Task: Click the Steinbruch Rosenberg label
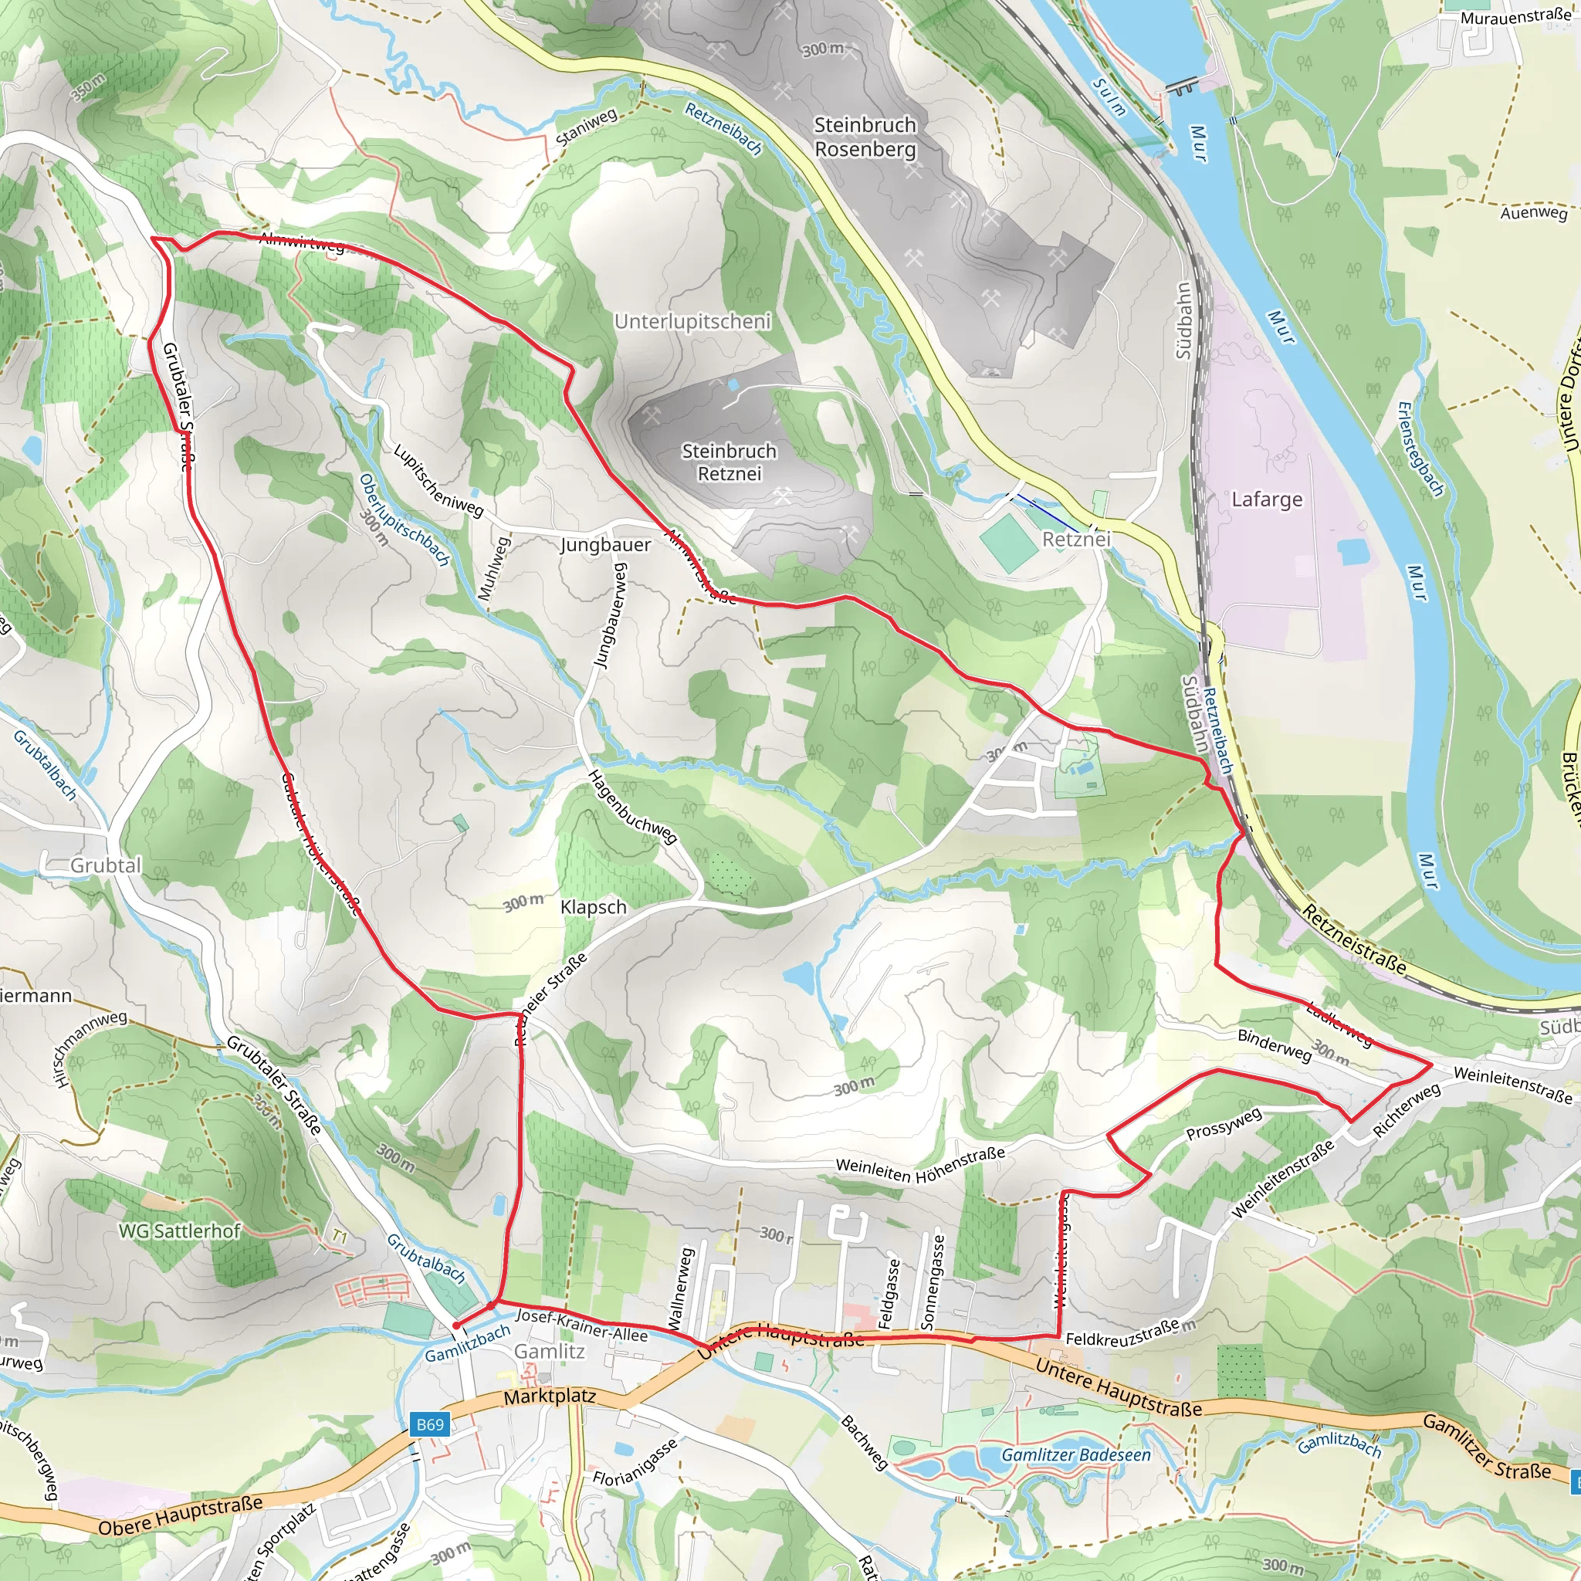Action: (865, 137)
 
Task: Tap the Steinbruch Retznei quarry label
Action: (729, 462)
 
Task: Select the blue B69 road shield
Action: (430, 1425)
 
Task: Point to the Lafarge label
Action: (1267, 499)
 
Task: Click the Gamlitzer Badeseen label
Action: (1075, 1455)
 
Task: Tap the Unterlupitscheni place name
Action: (692, 322)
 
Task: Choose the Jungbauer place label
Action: (605, 545)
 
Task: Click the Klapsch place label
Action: (594, 908)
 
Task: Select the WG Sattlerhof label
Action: (180, 1231)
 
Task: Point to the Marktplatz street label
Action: (549, 1396)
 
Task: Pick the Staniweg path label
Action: (586, 127)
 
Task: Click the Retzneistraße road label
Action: (1353, 941)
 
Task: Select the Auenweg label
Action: (1534, 213)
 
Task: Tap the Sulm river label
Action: (1109, 97)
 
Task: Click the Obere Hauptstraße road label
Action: (180, 1515)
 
